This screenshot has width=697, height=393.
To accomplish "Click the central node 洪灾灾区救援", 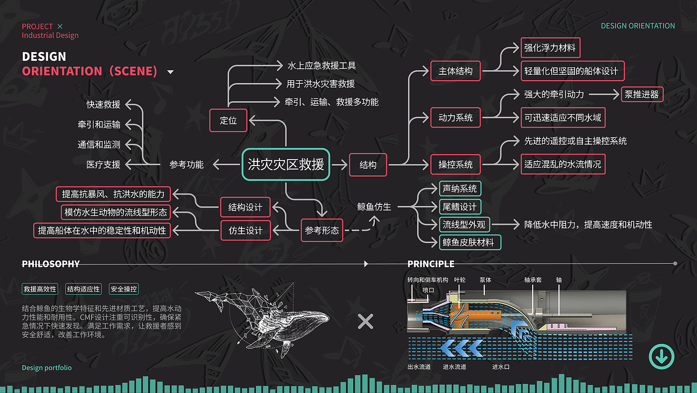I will tap(286, 165).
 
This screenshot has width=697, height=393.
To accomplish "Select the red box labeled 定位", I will tap(229, 120).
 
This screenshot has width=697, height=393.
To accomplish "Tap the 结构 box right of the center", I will tap(368, 165).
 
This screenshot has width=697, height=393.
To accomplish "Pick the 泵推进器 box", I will tap(642, 94).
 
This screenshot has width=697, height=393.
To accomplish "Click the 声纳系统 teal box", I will tap(460, 189).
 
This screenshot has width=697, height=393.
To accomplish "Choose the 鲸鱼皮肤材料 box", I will tap(468, 242).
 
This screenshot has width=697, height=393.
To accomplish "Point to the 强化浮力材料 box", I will tap(550, 48).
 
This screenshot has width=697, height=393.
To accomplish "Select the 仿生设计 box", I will tap(245, 230).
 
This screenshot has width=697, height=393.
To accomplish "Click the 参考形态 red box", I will tap(322, 230).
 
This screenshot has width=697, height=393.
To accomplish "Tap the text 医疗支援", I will tap(104, 165).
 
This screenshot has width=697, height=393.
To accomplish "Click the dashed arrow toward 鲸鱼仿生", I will tap(358, 229).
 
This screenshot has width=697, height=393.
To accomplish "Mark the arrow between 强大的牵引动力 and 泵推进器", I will tap(602, 94).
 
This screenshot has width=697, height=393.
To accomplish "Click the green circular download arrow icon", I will tap(662, 357).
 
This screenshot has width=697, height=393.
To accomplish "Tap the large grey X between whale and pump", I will tap(365, 322).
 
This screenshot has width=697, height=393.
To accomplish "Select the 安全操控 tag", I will tap(124, 289).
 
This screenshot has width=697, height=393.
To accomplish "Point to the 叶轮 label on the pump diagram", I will tap(460, 280).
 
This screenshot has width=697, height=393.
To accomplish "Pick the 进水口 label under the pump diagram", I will tap(500, 367).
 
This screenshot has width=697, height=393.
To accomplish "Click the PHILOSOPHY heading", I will tap(51, 264).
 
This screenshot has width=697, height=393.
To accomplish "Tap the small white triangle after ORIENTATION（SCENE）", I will tap(170, 72).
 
